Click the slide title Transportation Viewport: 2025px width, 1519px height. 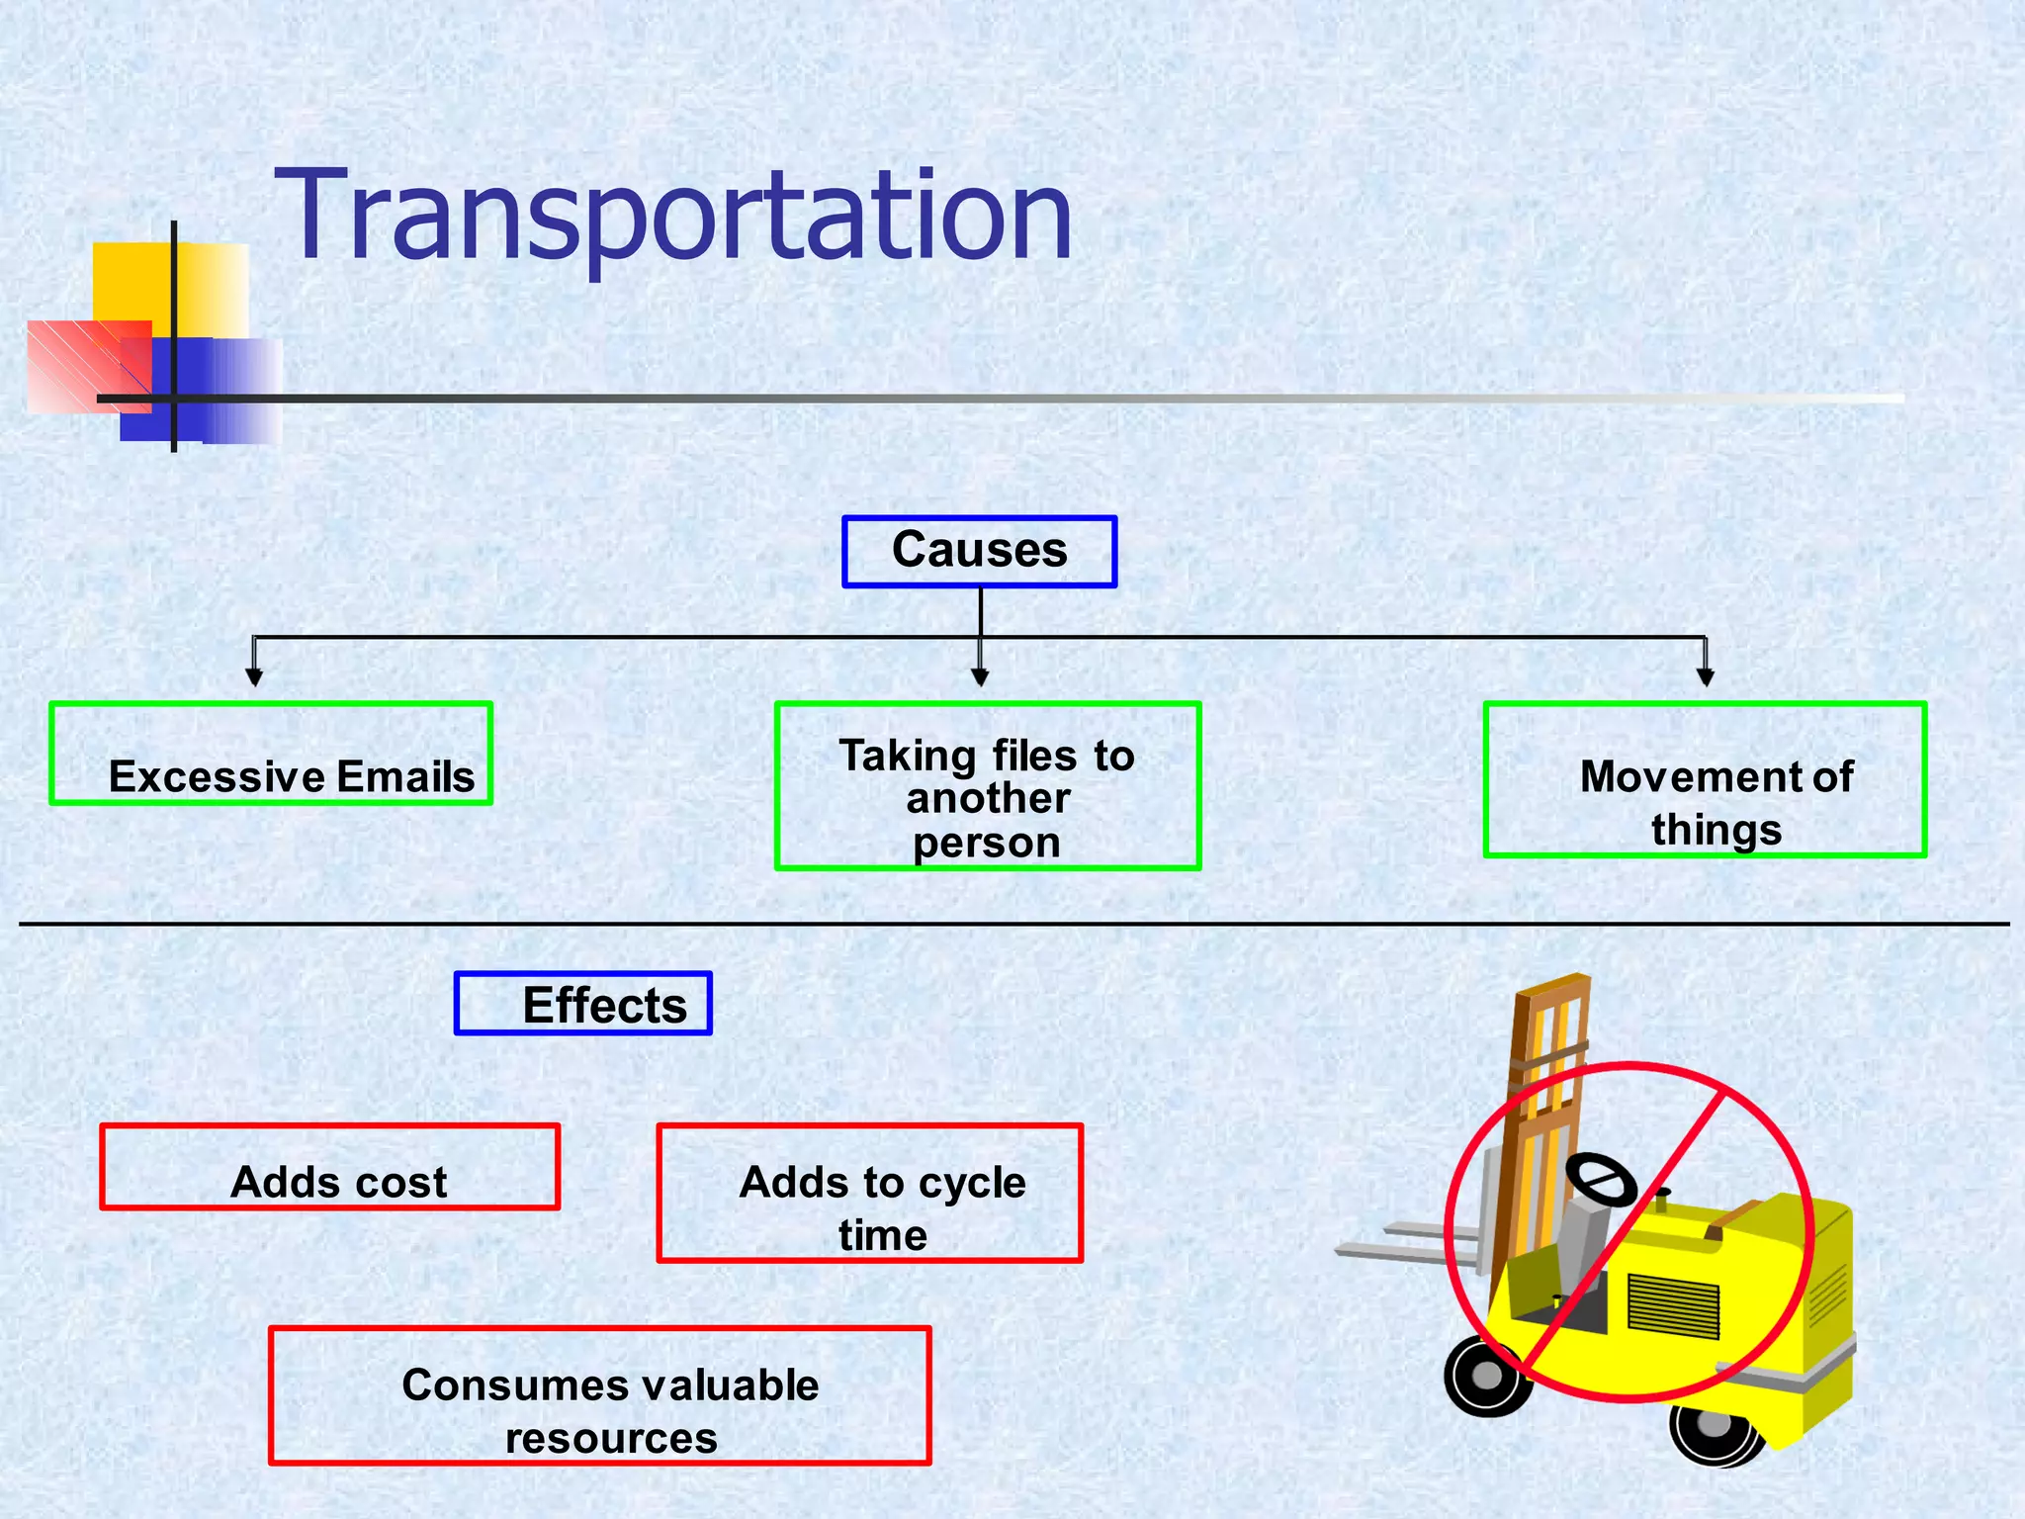pos(672,216)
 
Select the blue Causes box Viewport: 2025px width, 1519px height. pos(979,552)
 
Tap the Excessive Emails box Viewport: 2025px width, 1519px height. pos(271,754)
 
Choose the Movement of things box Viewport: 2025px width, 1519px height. pos(1705,779)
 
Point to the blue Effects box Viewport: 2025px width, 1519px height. pos(583,1004)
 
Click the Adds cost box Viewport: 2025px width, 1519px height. pos(330,1167)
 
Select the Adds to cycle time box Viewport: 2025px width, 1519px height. pos(870,1193)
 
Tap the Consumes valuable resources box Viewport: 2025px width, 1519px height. pos(600,1395)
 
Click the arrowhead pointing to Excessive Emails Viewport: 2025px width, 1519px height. pos(254,677)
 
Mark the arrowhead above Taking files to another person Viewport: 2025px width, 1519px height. pos(980,677)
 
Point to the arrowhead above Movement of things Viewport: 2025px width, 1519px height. pos(1705,677)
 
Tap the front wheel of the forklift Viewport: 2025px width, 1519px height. pos(1486,1376)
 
